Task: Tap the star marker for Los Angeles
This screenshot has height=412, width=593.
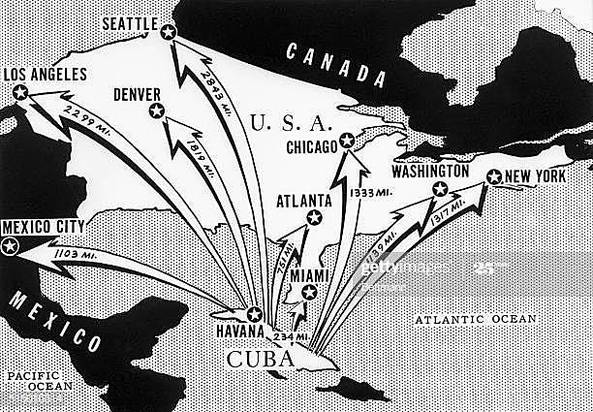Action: (20, 93)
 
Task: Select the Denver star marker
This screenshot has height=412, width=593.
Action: (156, 112)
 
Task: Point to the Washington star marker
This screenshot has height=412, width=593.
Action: (441, 190)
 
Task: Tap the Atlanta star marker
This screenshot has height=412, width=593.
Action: (312, 219)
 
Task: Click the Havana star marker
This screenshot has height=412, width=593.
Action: (255, 314)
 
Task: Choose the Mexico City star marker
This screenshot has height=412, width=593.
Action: (11, 246)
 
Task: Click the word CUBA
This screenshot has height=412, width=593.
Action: (260, 360)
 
